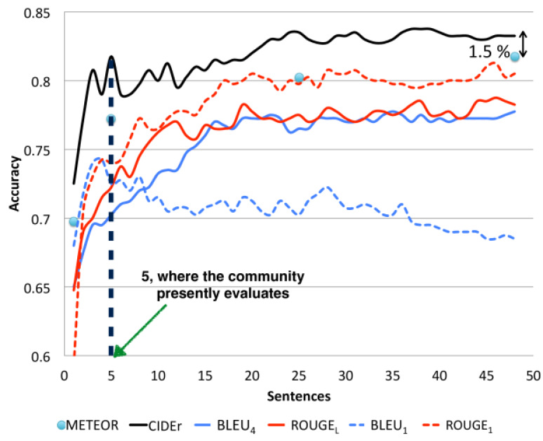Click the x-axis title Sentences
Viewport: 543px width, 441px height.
[x=297, y=397]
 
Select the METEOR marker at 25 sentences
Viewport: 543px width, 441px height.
[x=299, y=78]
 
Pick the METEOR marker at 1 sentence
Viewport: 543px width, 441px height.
[x=74, y=222]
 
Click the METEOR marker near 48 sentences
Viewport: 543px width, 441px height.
[x=515, y=57]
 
